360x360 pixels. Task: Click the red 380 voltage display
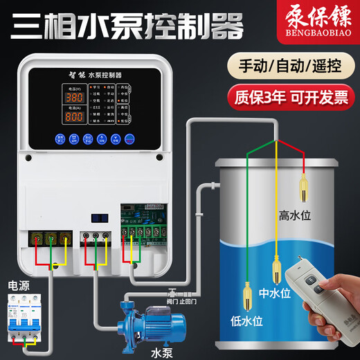[75, 98]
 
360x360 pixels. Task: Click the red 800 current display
[75, 118]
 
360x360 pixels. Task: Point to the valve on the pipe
[170, 289]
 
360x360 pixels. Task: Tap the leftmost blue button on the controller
[60, 138]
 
